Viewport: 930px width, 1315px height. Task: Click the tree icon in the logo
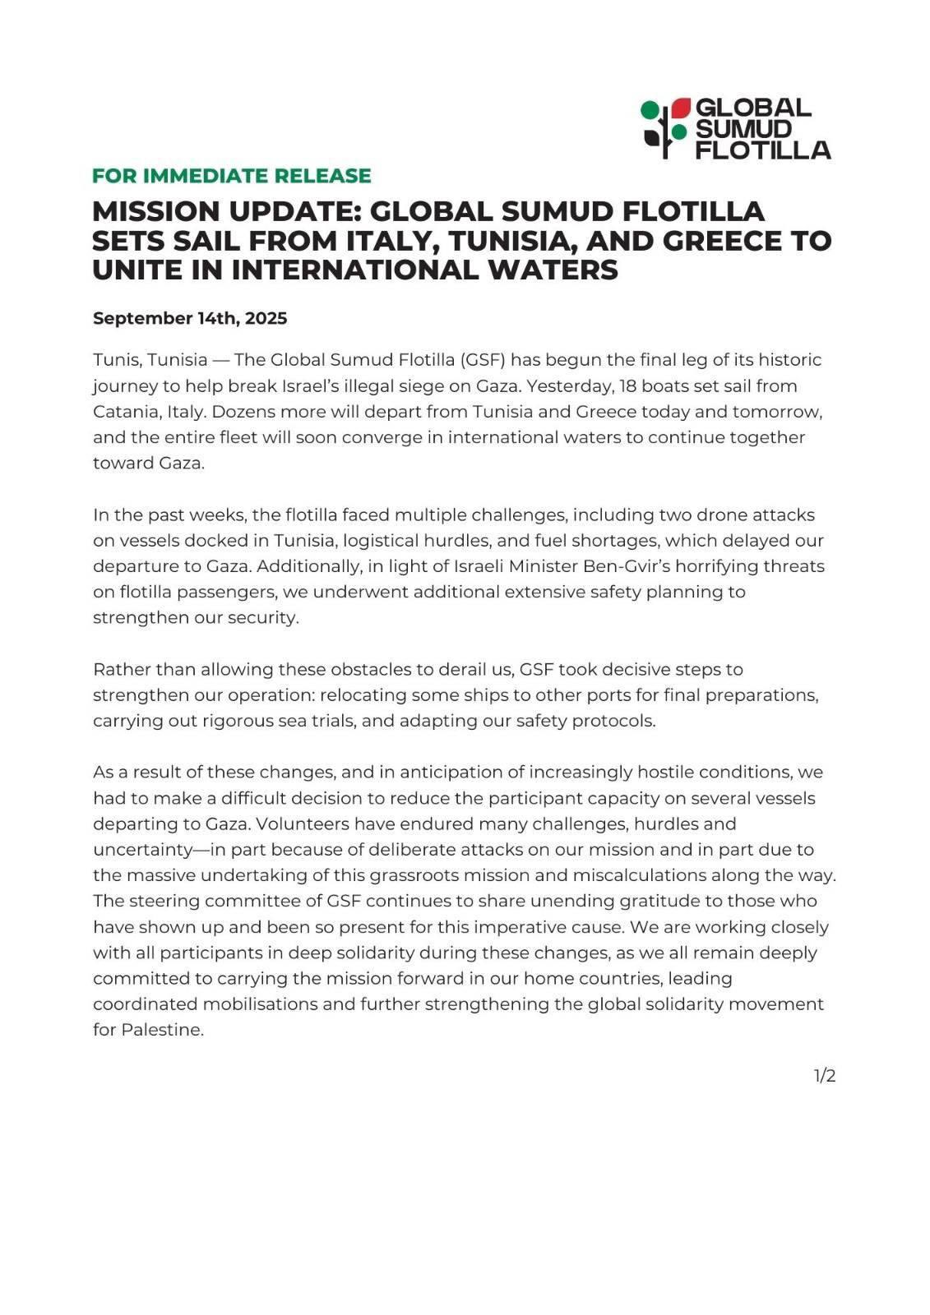pyautogui.click(x=664, y=128)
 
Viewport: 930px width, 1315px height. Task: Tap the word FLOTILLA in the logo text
pyautogui.click(x=763, y=150)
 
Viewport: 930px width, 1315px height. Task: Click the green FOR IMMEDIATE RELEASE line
pyautogui.click(x=231, y=176)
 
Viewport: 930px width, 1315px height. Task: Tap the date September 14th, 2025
pyautogui.click(x=190, y=318)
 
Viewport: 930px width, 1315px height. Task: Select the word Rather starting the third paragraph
pyautogui.click(x=122, y=670)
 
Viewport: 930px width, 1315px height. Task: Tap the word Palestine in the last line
pyautogui.click(x=161, y=1030)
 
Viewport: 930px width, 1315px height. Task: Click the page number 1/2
pyautogui.click(x=825, y=1076)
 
